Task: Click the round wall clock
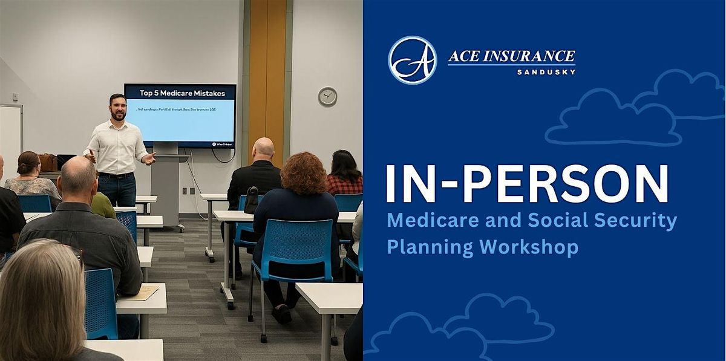click(327, 97)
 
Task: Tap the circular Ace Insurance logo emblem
click(413, 60)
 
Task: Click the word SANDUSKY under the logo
click(546, 72)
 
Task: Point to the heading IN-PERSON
click(527, 183)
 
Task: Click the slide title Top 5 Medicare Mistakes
click(182, 93)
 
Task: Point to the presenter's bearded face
click(118, 108)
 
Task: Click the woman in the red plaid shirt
click(345, 175)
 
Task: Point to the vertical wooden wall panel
click(267, 73)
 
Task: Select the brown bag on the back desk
click(47, 162)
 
